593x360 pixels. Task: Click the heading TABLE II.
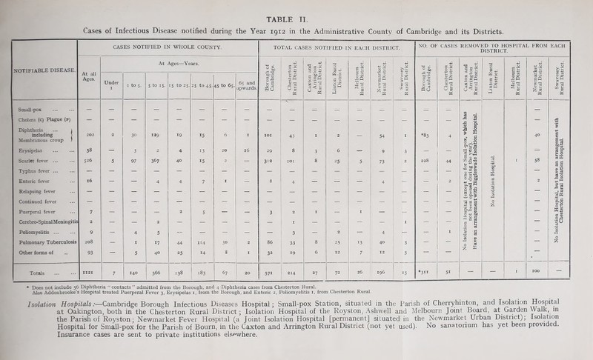[x=296, y=6]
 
